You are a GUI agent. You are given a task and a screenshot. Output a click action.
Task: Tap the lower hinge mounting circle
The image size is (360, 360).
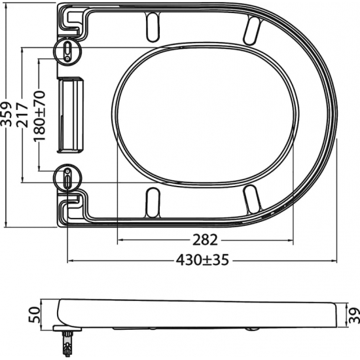point(68,177)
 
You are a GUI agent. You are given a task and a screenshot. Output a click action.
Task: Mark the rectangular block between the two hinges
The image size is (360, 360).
point(71,112)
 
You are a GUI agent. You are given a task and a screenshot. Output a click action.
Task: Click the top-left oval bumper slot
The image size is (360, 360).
point(152,25)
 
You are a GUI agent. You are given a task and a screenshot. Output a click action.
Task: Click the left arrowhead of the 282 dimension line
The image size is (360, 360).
point(118,239)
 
